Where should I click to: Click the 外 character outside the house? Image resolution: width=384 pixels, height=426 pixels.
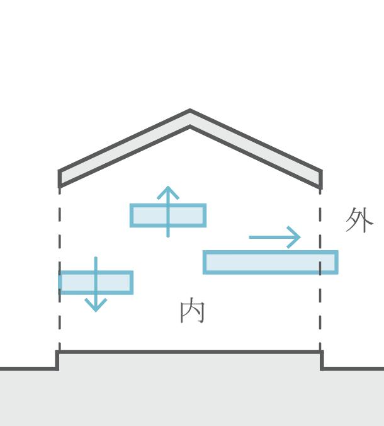[359, 220]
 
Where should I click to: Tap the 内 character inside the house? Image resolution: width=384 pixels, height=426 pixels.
[192, 311]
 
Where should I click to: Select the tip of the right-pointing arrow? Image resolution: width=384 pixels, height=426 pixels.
[300, 238]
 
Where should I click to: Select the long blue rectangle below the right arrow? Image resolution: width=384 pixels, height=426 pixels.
[264, 262]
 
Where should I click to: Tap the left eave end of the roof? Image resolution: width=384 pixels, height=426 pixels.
[60, 179]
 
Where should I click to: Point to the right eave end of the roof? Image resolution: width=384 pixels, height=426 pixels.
[321, 179]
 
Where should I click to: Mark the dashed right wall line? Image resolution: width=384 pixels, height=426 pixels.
[320, 315]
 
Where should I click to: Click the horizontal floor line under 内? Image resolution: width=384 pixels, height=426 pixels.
[189, 352]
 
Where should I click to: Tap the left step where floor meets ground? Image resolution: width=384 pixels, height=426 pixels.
[58, 360]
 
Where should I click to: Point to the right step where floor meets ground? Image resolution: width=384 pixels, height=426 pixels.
[322, 360]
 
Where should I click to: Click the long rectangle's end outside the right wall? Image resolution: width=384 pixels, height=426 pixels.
[330, 262]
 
